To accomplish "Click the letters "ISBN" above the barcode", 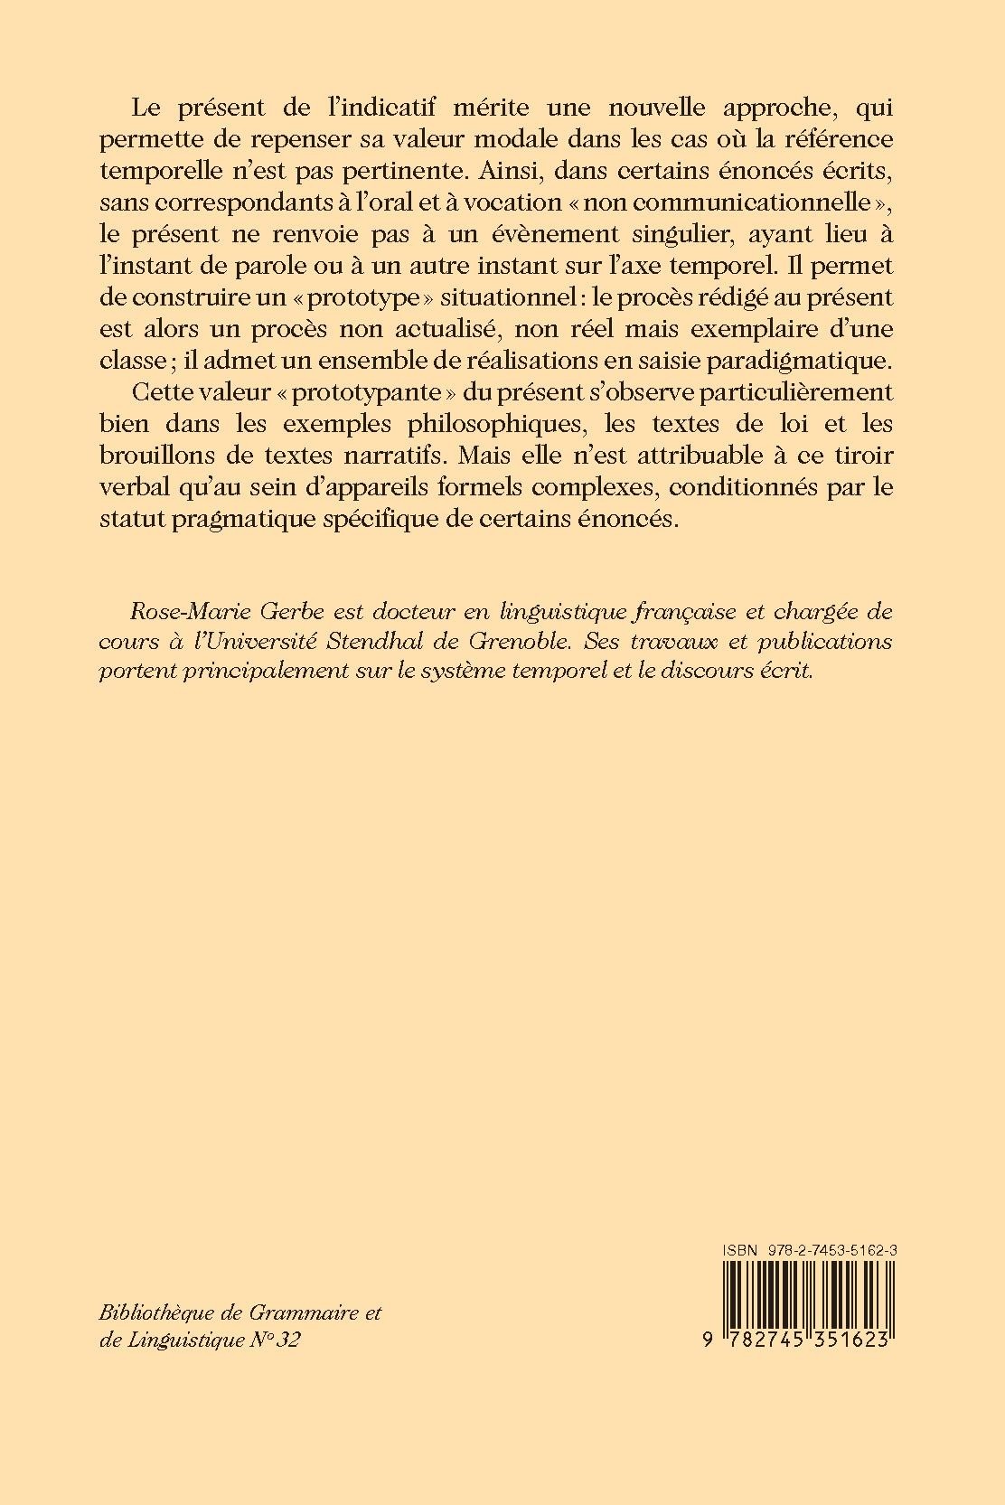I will click(742, 1249).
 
